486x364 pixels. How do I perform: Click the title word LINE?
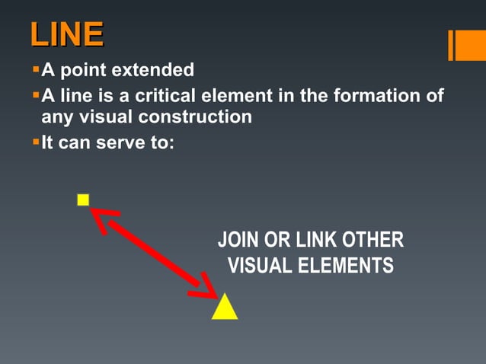[67, 36]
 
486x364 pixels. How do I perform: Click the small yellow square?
[83, 200]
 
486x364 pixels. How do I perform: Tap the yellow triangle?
[225, 307]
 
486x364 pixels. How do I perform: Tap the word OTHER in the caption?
[372, 241]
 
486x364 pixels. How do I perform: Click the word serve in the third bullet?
[119, 142]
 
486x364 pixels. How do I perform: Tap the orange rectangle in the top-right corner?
[466, 45]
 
